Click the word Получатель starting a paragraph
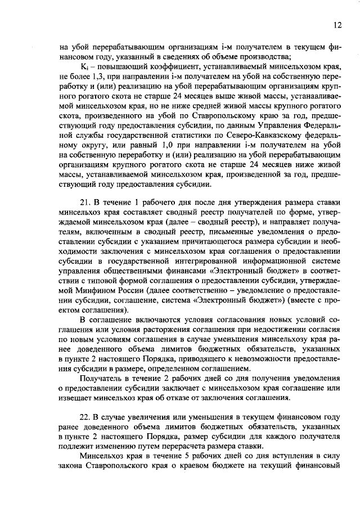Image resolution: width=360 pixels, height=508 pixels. point(102,379)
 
